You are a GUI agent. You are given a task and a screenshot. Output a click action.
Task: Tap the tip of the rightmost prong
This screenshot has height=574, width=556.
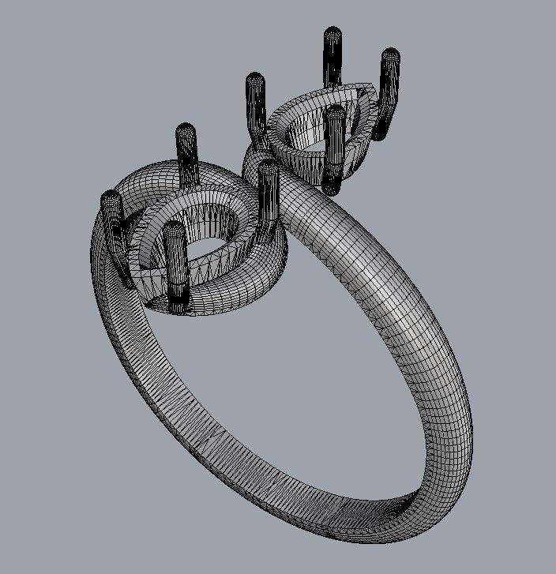[x=390, y=55]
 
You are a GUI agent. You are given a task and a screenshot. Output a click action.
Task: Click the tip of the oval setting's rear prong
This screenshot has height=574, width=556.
[x=186, y=129]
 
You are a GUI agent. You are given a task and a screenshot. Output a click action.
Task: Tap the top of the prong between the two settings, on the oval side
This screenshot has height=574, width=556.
[x=269, y=167]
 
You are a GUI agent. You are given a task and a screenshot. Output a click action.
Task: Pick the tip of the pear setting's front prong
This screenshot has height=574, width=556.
[x=336, y=114]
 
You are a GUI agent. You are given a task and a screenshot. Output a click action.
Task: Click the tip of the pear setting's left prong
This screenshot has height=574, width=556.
[x=254, y=79]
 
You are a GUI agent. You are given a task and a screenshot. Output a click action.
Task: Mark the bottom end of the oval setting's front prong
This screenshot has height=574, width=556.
[x=179, y=305]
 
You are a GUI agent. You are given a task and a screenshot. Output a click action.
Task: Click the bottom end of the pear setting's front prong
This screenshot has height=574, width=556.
[x=332, y=189]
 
